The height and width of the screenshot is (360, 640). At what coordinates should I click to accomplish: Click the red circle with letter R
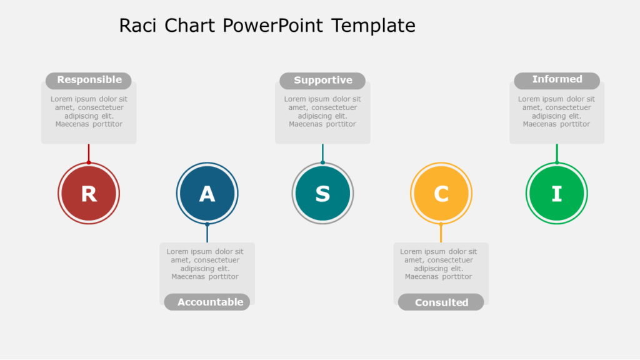89,193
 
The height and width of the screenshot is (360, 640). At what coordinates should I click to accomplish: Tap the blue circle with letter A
207,193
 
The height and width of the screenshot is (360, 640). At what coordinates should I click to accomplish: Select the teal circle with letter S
322,193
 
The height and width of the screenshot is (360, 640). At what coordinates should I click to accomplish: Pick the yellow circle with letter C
441,193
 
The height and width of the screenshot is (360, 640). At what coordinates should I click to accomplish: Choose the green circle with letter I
556,193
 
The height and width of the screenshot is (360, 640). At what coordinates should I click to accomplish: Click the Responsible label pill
89,80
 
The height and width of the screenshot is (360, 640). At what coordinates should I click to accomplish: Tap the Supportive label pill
322,81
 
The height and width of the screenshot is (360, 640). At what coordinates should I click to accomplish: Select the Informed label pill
557,80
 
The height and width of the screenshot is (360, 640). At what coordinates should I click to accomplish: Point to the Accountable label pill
207,302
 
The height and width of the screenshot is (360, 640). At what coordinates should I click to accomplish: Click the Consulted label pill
441,302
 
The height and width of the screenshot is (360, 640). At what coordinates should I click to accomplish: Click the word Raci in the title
138,26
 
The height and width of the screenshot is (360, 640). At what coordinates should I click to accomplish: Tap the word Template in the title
373,26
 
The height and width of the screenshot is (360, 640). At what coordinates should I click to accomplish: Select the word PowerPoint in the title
274,26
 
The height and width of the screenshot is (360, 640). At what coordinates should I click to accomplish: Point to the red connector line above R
89,153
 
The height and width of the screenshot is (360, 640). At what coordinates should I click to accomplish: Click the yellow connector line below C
441,233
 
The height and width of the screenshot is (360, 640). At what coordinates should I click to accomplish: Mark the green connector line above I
556,153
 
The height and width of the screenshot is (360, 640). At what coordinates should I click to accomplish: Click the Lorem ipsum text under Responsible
89,111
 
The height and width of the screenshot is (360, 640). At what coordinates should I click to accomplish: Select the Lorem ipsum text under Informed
556,111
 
